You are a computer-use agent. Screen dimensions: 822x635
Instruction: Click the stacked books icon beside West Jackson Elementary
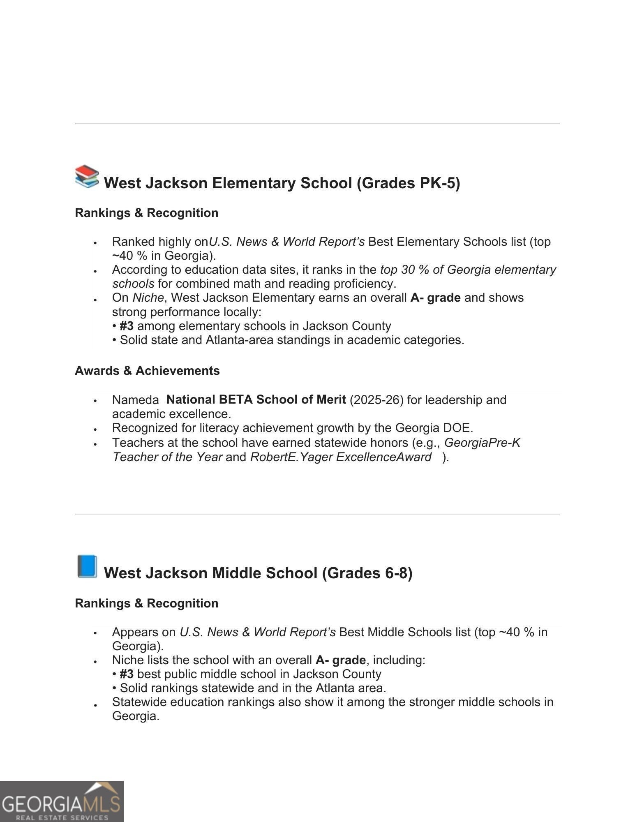pyautogui.click(x=87, y=177)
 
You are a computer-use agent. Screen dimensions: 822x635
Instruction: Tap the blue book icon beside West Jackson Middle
pyautogui.click(x=87, y=566)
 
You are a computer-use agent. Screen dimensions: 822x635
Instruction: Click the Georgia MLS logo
pyautogui.click(x=62, y=801)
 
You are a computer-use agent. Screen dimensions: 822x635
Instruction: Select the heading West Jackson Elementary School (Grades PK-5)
pyautogui.click(x=282, y=183)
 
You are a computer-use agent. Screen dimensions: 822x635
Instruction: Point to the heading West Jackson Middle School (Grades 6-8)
pyautogui.click(x=258, y=573)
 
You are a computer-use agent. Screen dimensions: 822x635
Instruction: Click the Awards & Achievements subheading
pyautogui.click(x=147, y=371)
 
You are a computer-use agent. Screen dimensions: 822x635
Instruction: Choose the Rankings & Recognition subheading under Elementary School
pyautogui.click(x=146, y=213)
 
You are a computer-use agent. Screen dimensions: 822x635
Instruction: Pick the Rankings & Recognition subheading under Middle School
pyautogui.click(x=146, y=603)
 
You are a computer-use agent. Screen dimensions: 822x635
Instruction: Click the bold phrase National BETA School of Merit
pyautogui.click(x=256, y=399)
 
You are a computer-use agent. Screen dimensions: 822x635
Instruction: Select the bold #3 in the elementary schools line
pyautogui.click(x=126, y=326)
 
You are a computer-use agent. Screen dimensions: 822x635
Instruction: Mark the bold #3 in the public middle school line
pyautogui.click(x=126, y=674)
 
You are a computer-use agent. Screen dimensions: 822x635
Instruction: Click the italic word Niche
pyautogui.click(x=148, y=298)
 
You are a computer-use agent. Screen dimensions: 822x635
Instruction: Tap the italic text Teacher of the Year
pyautogui.click(x=167, y=457)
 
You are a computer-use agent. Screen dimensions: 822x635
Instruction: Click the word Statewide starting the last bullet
pyautogui.click(x=139, y=702)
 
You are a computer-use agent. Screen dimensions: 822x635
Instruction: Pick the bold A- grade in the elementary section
pyautogui.click(x=435, y=298)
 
